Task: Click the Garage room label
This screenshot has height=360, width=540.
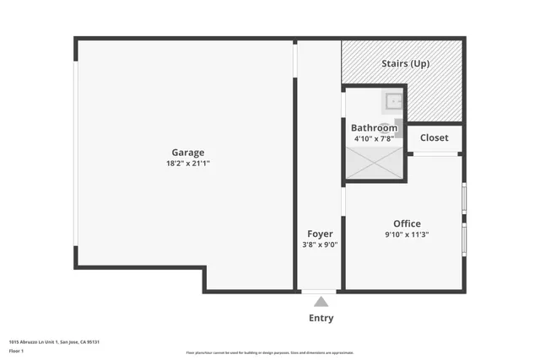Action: pos(188,153)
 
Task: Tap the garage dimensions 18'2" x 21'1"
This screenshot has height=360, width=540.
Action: pos(188,164)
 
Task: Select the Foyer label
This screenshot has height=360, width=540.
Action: pos(320,234)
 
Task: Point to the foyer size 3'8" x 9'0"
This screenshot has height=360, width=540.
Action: pos(320,244)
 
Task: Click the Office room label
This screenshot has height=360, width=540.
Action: pos(407,223)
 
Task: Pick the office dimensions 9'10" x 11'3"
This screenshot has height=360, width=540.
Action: pos(407,234)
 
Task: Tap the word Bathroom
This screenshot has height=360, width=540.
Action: pos(374,128)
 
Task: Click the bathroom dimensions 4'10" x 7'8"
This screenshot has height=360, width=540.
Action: pos(374,138)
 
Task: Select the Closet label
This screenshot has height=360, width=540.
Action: pos(435,137)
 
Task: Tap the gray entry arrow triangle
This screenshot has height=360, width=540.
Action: pos(321,301)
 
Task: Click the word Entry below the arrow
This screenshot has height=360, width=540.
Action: pos(321,318)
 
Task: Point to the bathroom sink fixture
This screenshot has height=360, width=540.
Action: pos(394,102)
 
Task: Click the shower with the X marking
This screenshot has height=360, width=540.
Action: pos(375,163)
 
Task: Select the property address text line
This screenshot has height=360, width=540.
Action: pos(55,341)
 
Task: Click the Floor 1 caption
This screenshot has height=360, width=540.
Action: pos(15,350)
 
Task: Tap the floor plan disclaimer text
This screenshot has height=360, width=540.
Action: pos(270,352)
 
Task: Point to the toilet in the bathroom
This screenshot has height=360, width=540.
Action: pos(399,128)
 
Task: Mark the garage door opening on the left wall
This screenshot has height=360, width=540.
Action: pos(76,153)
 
